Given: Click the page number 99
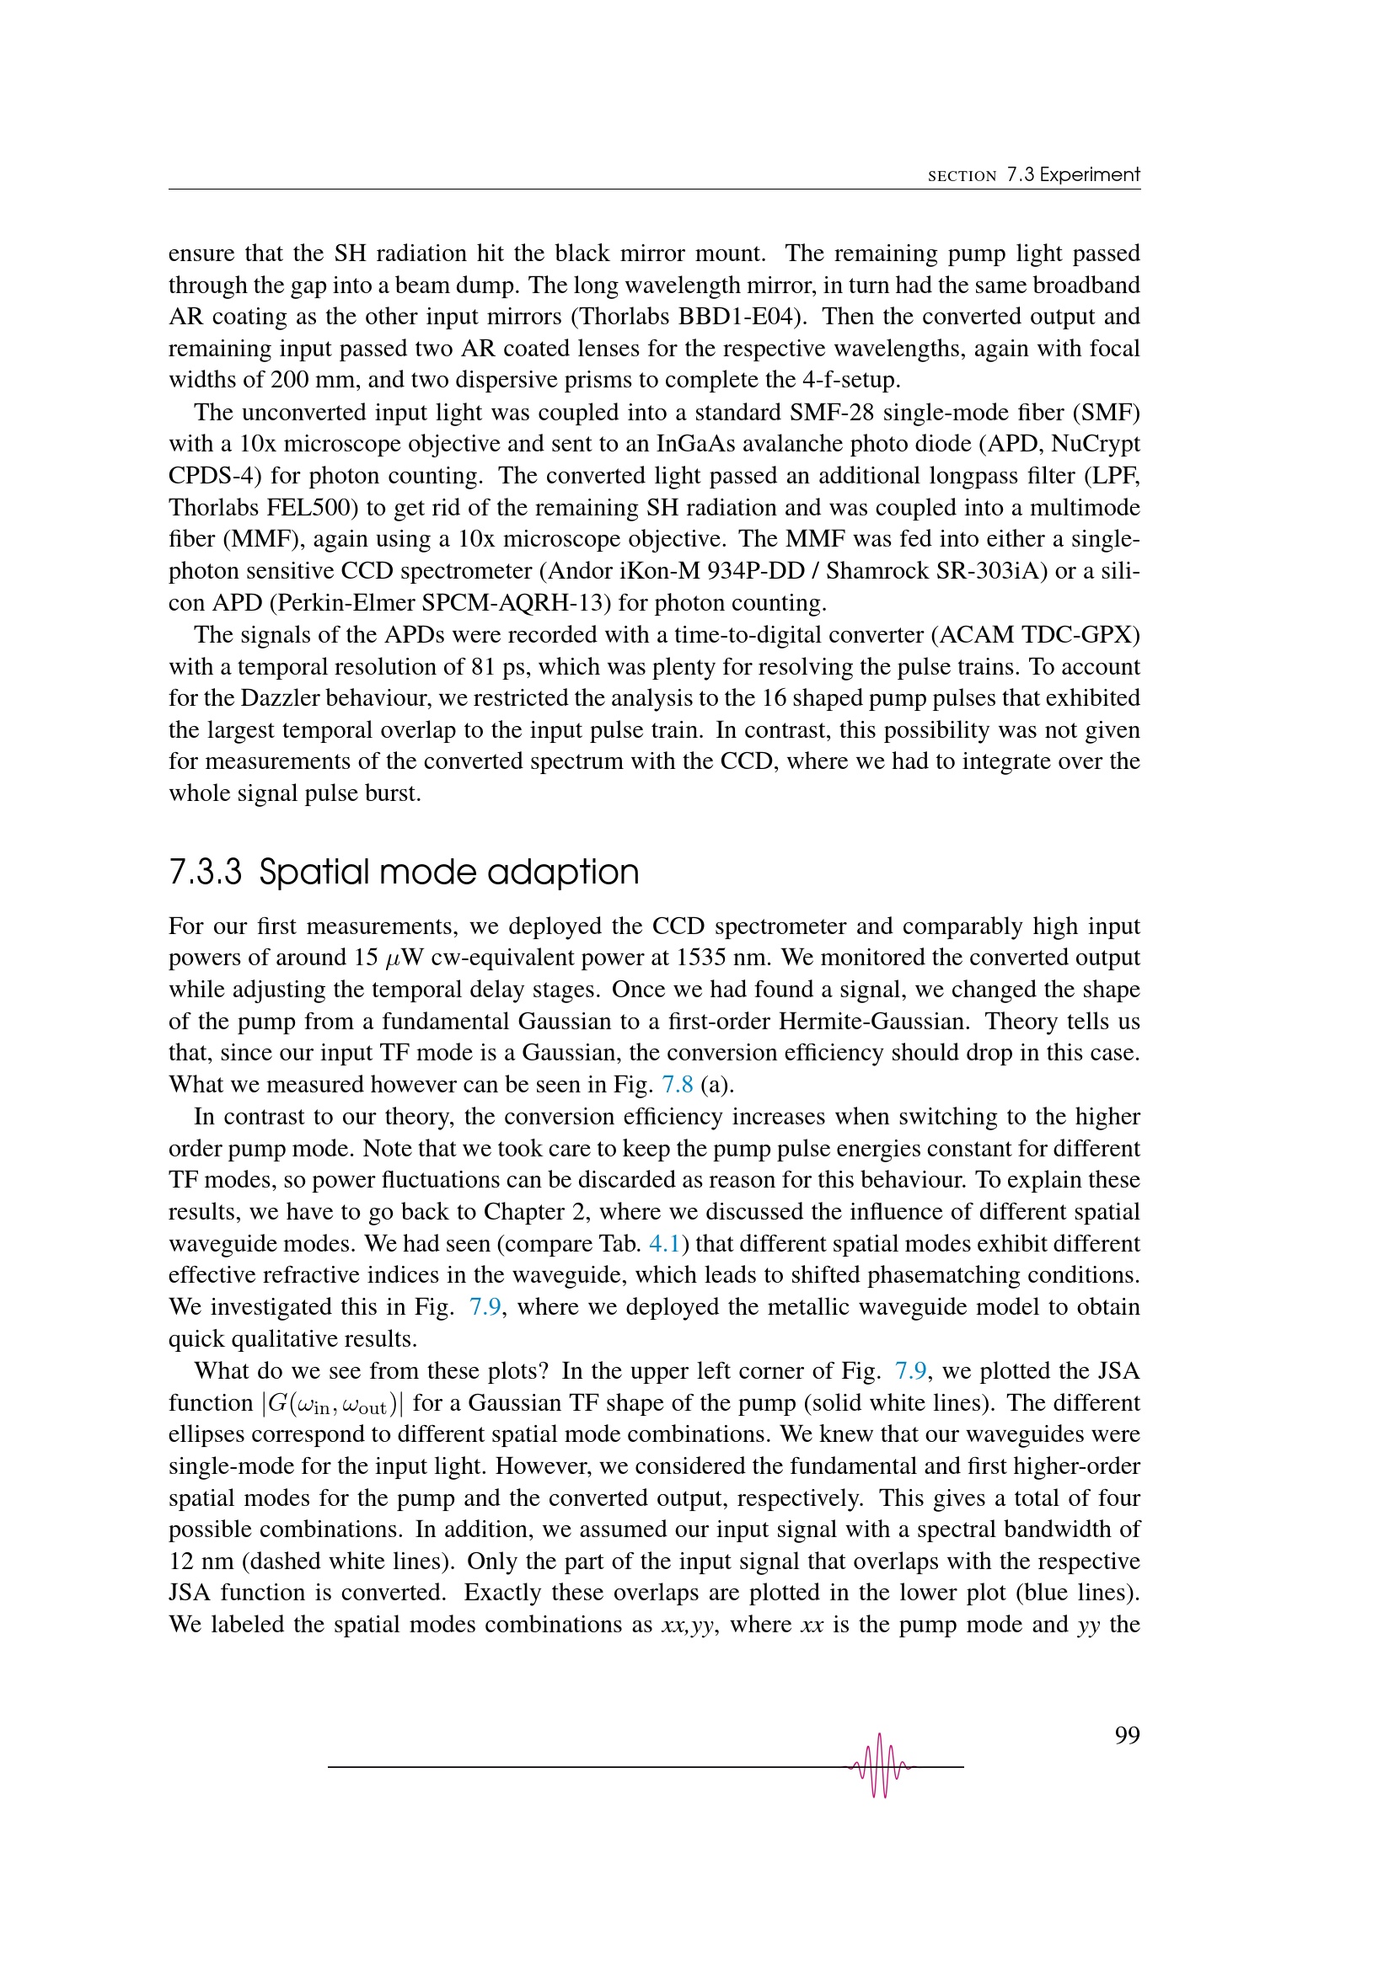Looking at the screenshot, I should (x=1126, y=1735).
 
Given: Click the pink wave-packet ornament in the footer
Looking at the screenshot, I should (x=879, y=1766).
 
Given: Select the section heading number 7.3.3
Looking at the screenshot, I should (x=206, y=872).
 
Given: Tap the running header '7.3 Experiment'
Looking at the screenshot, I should (x=1073, y=175).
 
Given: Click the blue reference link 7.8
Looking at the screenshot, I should (x=678, y=1085).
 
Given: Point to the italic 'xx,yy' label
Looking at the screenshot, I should (x=687, y=1624).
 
